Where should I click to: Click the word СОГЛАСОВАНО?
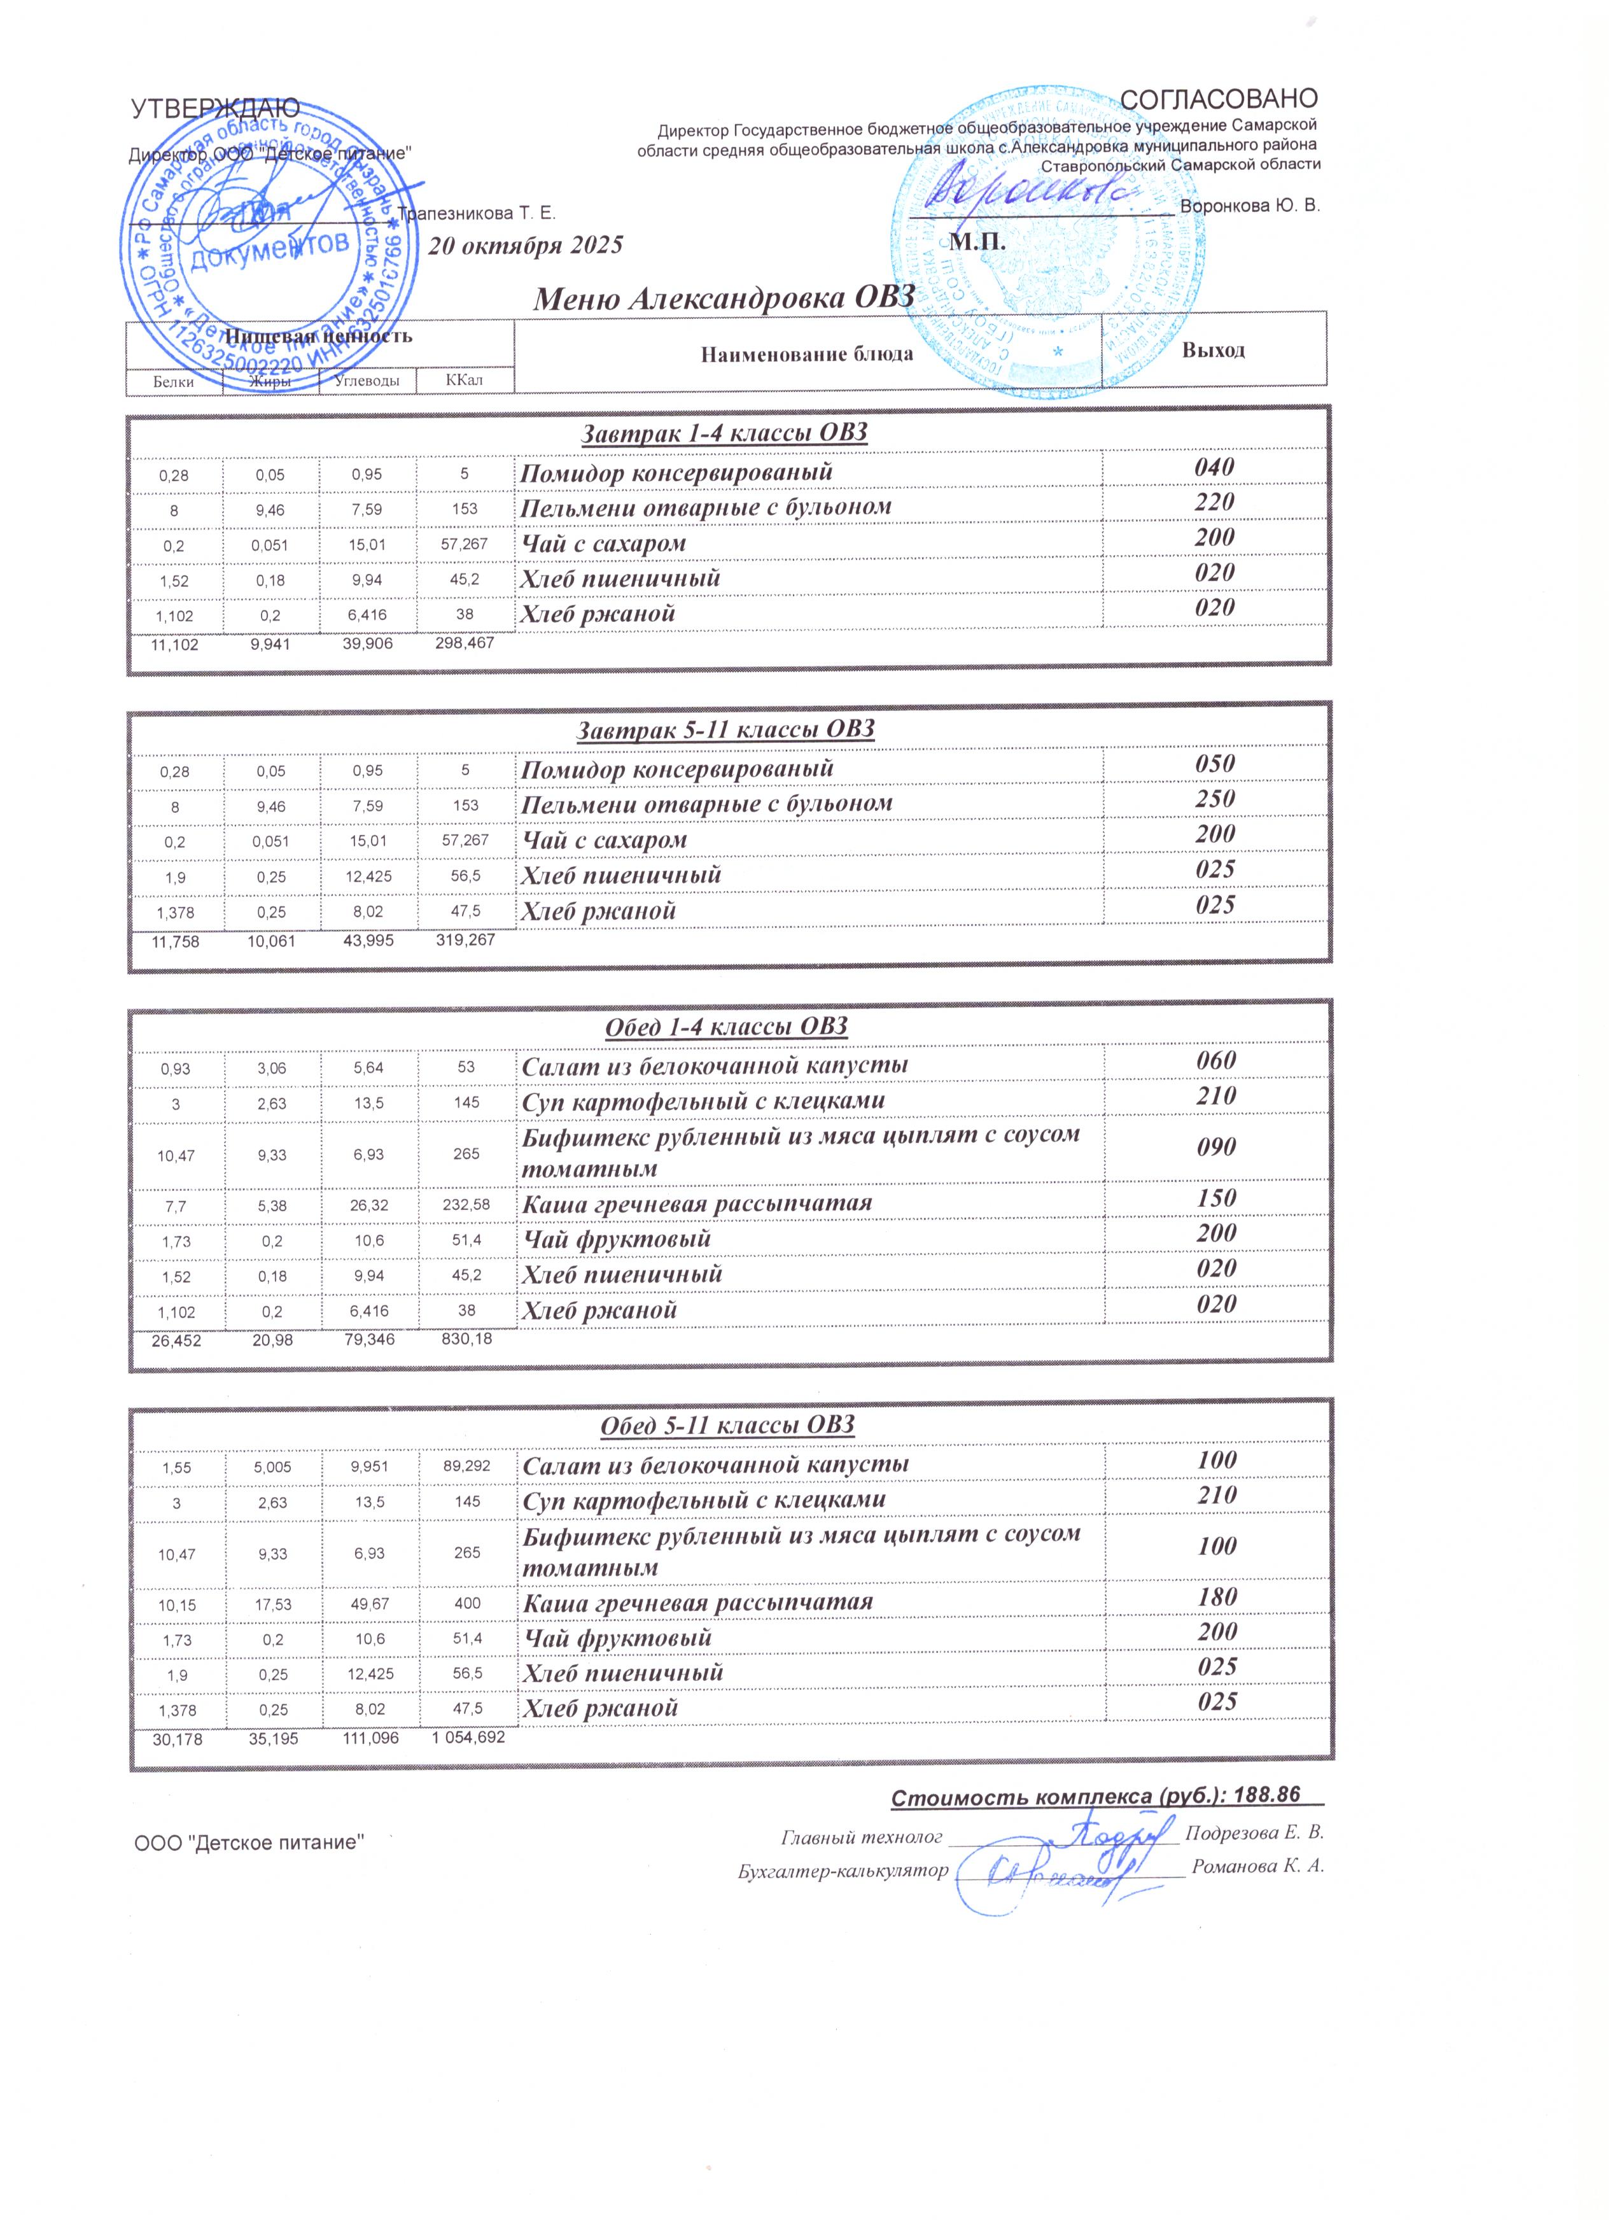pyautogui.click(x=1219, y=99)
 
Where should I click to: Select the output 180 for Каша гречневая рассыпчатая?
pyautogui.click(x=1217, y=1597)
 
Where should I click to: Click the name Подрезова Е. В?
pyautogui.click(x=1253, y=1834)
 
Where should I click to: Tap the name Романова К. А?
pyautogui.click(x=1257, y=1867)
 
